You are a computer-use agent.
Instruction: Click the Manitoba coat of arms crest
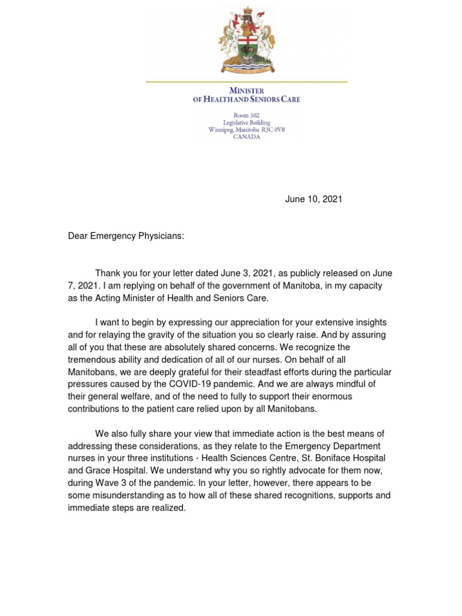246,38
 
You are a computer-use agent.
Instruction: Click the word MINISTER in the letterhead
246,90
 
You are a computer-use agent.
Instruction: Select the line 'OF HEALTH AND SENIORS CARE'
246,99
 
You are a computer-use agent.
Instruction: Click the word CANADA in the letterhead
246,137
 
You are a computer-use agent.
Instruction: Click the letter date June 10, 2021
313,199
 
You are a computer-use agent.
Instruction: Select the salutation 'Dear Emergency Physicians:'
126,236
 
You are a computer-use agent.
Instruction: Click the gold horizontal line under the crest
246,81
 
